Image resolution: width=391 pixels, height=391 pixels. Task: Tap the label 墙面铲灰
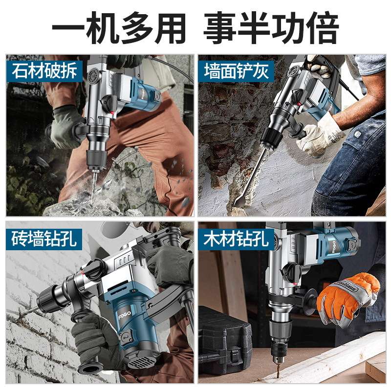tap(236, 71)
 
